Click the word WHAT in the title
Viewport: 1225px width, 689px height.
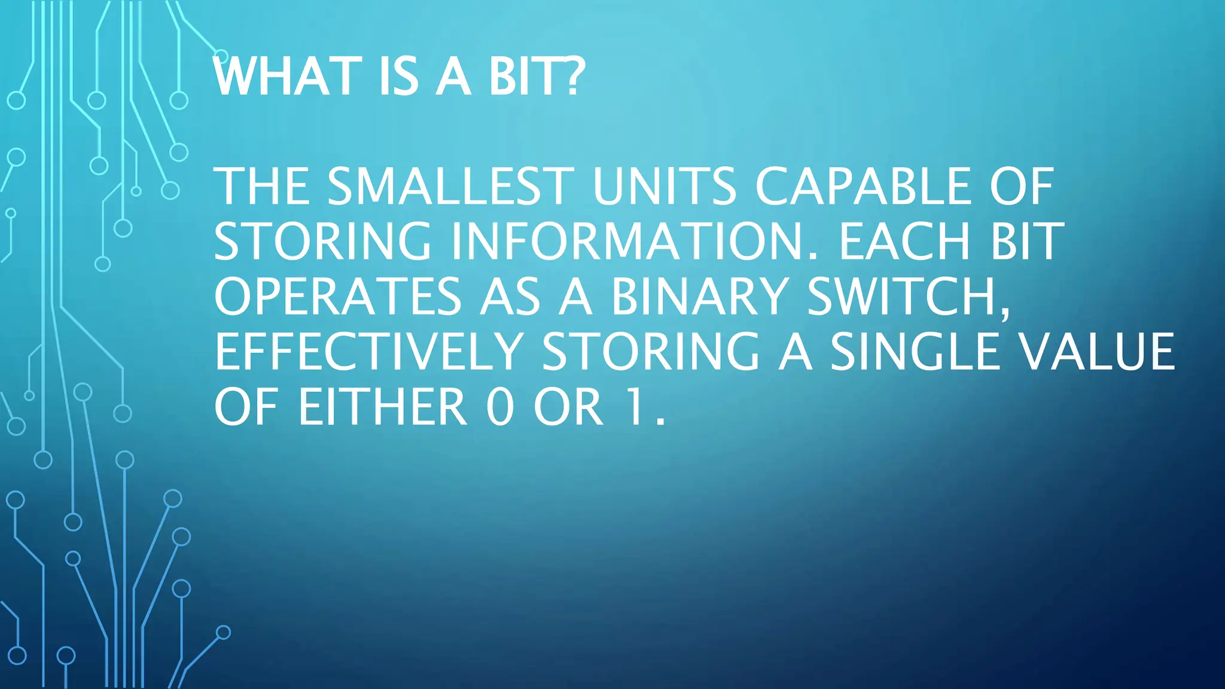(288, 77)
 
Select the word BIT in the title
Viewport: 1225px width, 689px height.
(526, 77)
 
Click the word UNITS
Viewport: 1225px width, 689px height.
(664, 187)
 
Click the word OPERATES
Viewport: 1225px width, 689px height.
(338, 297)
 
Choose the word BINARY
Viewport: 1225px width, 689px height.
(699, 297)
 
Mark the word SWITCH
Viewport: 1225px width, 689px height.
(901, 297)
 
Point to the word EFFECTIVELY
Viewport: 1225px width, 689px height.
(368, 352)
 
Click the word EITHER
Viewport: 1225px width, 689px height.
(382, 407)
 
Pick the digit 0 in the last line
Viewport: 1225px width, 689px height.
(500, 407)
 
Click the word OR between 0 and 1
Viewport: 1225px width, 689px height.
(568, 407)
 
